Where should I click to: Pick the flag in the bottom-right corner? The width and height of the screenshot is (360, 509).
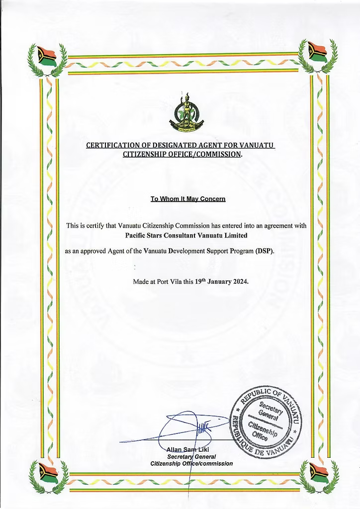(319, 473)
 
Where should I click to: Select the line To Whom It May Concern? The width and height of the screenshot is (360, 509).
(188, 199)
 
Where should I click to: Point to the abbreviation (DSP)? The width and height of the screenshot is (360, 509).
(265, 252)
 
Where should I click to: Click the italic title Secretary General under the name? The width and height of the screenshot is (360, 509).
(191, 457)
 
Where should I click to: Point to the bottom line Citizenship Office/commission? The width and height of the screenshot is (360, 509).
(191, 463)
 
